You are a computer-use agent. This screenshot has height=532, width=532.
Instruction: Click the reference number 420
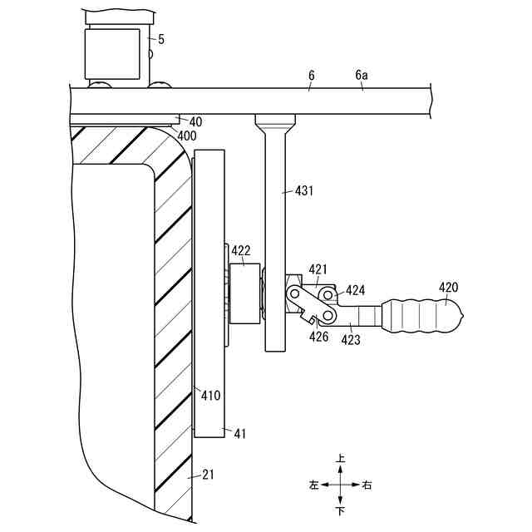pos(449,288)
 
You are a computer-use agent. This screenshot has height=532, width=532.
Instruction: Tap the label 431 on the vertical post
pos(305,190)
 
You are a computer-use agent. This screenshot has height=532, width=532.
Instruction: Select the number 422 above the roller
pos(241,249)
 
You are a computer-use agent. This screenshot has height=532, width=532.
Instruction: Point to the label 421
pos(318,268)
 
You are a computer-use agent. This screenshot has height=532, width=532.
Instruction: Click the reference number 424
pos(356,290)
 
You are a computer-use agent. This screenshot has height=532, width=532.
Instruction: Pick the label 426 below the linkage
pos(318,337)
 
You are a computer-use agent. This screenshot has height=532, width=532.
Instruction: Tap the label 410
pos(210,396)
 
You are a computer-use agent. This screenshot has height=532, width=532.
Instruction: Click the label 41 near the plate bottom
pos(239,433)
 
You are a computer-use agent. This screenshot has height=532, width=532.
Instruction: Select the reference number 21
pos(207,475)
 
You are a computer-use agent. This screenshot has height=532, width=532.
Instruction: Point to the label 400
pos(187,135)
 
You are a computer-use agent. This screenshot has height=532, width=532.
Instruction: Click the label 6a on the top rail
pos(362,75)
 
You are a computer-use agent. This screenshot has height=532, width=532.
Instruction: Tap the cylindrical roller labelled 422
pos(244,293)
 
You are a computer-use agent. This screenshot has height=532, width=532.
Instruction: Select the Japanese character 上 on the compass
pos(340,459)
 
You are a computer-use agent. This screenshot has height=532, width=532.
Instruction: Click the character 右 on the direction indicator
pos(367,485)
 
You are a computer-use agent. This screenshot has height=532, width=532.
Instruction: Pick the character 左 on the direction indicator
pos(313,485)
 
